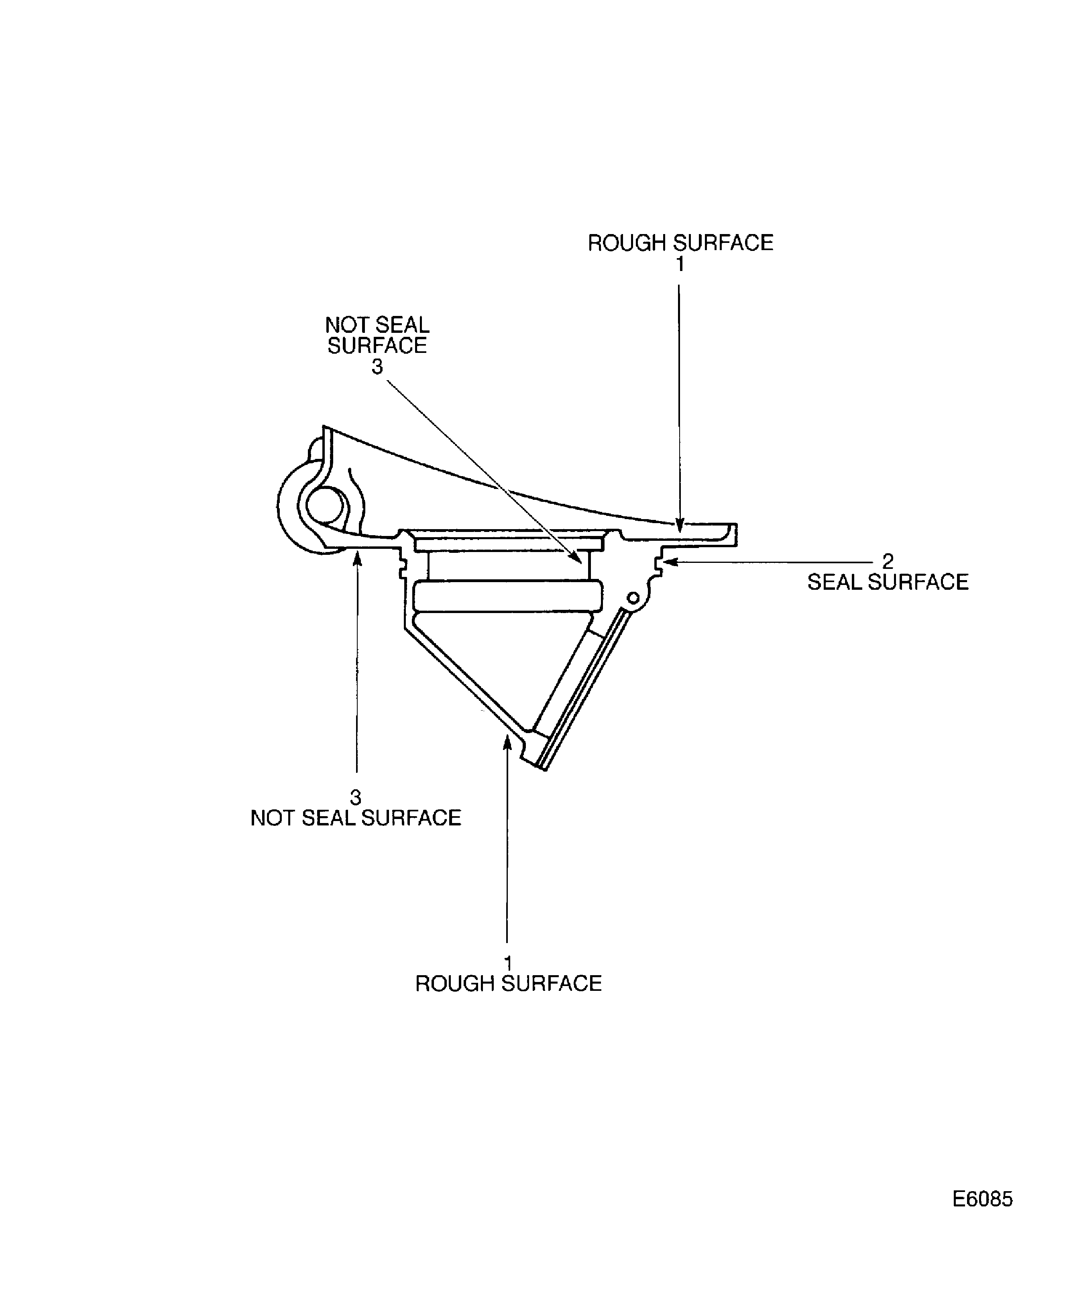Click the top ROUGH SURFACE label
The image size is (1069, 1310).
pos(680,243)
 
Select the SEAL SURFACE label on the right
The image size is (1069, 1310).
pos(887,582)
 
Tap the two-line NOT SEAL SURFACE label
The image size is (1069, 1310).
pos(377,335)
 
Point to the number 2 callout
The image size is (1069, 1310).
pos(887,561)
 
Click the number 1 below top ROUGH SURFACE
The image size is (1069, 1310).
pos(680,264)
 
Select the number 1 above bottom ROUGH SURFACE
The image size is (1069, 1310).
pos(508,963)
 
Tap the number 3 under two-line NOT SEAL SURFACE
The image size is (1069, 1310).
pos(377,367)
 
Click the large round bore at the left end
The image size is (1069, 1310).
pos(324,505)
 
